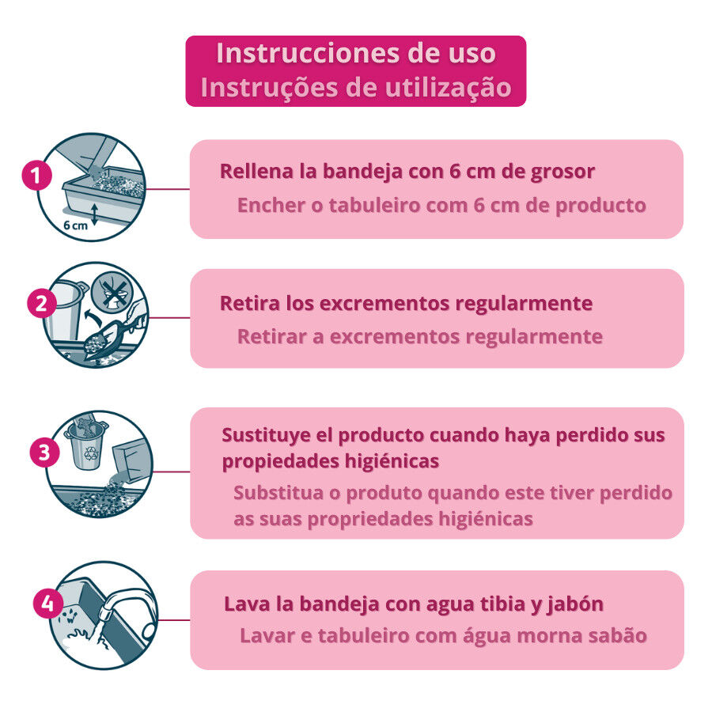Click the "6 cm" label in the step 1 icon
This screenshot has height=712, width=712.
(x=76, y=225)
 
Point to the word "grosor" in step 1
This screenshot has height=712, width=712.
(x=562, y=171)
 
